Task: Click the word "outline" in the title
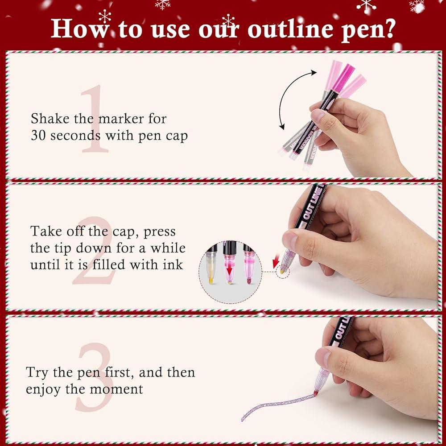click(x=291, y=29)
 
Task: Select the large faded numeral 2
click(x=94, y=250)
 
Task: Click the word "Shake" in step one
click(x=50, y=118)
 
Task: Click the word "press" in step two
click(x=160, y=232)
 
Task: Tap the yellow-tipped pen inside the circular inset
click(x=211, y=264)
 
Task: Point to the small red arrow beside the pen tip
click(x=276, y=261)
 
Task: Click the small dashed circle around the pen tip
click(x=283, y=272)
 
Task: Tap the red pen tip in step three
click(x=316, y=393)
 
